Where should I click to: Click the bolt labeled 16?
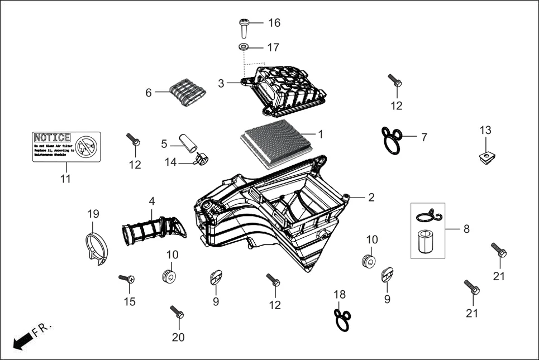[x=244, y=27]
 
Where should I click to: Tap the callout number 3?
[x=221, y=83]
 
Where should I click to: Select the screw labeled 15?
[x=126, y=278]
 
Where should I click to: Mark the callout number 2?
[x=371, y=197]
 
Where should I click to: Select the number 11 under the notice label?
[x=65, y=179]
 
